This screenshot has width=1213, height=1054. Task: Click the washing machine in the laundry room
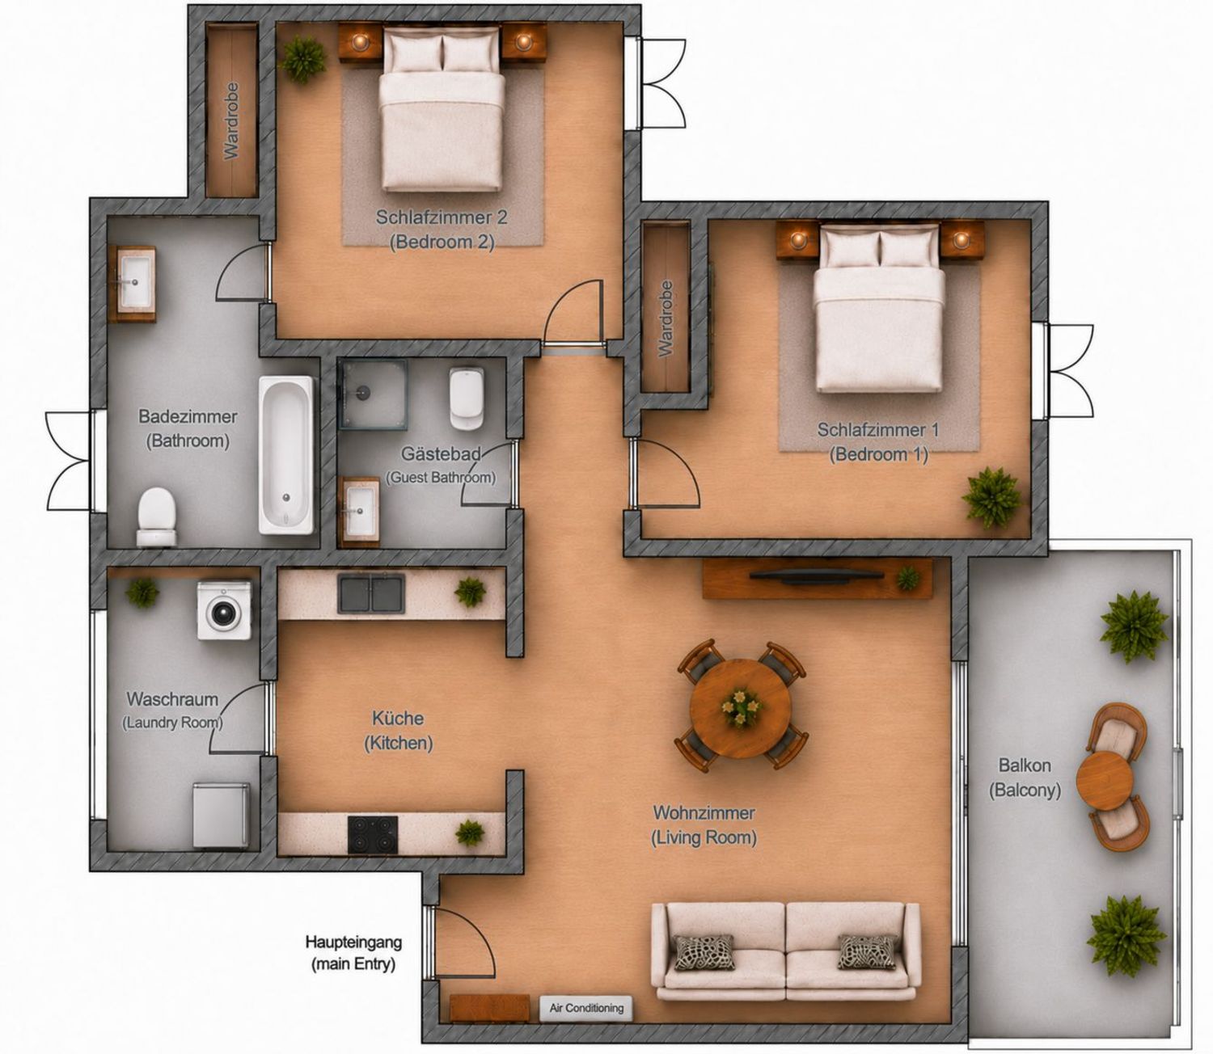223,610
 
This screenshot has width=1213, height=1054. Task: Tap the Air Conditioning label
585,1008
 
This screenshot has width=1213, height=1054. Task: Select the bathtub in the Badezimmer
285,455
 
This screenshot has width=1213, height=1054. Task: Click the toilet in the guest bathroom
467,398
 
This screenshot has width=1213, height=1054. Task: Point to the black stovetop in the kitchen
372,835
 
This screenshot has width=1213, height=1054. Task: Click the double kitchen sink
371,593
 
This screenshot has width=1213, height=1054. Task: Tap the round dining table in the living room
741,709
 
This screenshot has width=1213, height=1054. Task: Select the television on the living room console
814,575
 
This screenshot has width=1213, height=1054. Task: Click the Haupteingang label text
353,942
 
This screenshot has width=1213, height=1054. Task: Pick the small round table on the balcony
1105,780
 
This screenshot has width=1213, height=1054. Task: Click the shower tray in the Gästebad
372,394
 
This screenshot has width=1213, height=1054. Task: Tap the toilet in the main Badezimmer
157,516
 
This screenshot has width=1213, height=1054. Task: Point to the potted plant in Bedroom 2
303,59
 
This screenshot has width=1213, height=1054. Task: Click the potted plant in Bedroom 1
991,497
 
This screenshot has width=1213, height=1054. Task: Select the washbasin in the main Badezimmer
136,283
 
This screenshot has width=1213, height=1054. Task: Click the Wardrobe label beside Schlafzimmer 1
666,318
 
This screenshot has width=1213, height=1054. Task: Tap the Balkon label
1025,765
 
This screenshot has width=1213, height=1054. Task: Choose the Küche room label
398,718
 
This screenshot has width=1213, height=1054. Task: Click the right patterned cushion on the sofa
868,951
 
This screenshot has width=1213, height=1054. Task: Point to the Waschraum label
172,699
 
